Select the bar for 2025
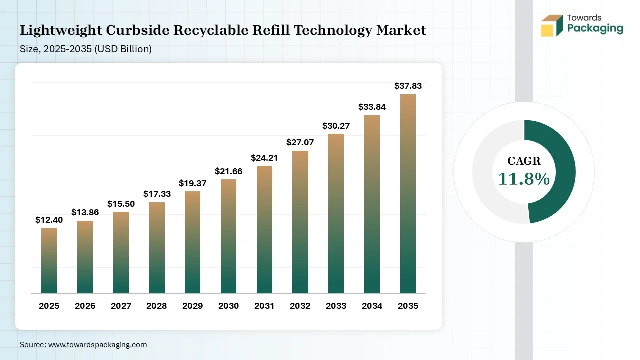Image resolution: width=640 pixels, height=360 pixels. tap(49, 261)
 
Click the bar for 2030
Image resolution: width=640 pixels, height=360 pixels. tap(228, 236)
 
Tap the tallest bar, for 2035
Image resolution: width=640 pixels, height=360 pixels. tap(408, 194)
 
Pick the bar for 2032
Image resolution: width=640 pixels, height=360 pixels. tap(300, 222)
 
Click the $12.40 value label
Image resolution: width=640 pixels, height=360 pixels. tap(49, 220)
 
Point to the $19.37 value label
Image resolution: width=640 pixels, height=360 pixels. tap(192, 183)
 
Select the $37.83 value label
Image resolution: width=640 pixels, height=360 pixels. tap(408, 86)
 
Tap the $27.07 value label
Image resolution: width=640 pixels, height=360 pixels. tap(300, 142)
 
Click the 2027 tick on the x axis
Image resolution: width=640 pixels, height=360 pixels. tap(121, 306)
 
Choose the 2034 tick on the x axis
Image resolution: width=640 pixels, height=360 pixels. tap(372, 306)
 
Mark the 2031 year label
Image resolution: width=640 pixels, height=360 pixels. tap(264, 306)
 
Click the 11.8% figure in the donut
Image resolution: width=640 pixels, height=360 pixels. tap(524, 179)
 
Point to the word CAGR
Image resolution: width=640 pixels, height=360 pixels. tap(524, 161)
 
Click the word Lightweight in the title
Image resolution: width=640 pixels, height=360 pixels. tap(60, 30)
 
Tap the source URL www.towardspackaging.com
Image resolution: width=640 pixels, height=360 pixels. tap(97, 344)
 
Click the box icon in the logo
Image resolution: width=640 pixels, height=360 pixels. tap(552, 25)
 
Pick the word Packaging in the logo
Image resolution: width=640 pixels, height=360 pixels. tap(595, 28)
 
